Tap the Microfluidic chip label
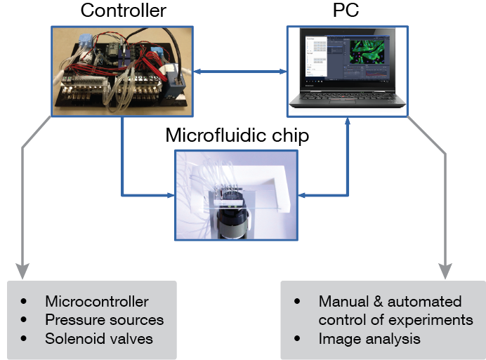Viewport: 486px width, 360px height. [x=237, y=135]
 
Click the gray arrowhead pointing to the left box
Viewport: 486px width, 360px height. [x=23, y=269]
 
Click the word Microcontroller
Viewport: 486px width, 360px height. [x=97, y=302]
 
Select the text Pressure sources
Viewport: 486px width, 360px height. [x=104, y=320]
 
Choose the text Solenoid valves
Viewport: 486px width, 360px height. [x=99, y=338]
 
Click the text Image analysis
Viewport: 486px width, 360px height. [x=369, y=338]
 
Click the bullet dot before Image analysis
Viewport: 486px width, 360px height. [x=298, y=339]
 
